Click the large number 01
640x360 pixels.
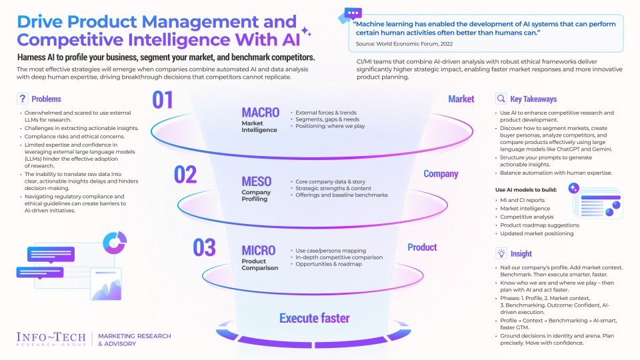(x=163, y=100)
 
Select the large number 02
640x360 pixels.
(x=186, y=175)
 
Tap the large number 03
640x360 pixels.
(x=204, y=247)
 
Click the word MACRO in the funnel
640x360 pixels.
(x=260, y=112)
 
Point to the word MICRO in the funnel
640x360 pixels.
(x=259, y=251)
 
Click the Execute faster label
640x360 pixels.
(x=314, y=318)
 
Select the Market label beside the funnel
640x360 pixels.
(x=461, y=99)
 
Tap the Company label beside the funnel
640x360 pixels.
(x=441, y=174)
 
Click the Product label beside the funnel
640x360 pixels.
(x=422, y=247)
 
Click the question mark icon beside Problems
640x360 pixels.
(x=22, y=99)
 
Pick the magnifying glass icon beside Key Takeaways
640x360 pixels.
(x=501, y=99)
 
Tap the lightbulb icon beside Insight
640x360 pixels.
(x=501, y=253)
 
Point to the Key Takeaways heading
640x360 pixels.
(x=534, y=99)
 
